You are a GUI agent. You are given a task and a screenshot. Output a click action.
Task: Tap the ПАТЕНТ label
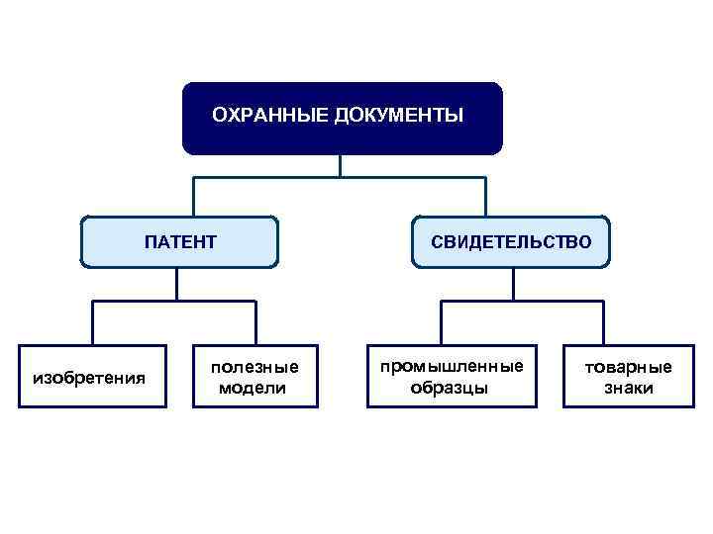[x=180, y=241]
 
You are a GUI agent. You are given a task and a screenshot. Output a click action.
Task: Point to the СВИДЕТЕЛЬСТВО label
[x=512, y=241]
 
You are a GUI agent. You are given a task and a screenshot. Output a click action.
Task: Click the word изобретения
[x=90, y=377]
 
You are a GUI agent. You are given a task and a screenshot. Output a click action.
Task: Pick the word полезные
[x=254, y=367]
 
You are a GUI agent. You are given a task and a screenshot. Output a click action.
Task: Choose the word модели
[x=253, y=388]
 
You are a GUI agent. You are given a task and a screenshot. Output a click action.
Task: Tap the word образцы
[x=450, y=388]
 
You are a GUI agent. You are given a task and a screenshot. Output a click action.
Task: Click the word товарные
[x=628, y=367]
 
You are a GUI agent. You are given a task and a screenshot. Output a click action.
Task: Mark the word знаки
[x=628, y=388]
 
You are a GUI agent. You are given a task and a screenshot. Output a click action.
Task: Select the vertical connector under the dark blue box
[x=340, y=166]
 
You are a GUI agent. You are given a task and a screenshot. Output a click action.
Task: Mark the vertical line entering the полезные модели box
[x=255, y=323]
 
